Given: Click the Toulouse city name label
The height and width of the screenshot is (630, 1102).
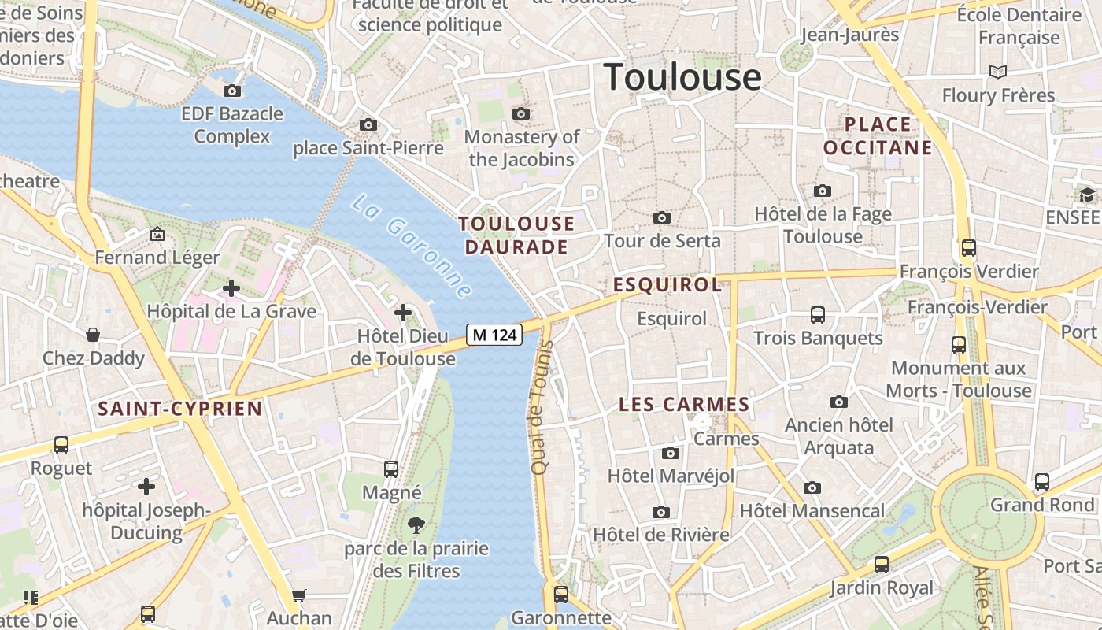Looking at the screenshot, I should pos(682,77).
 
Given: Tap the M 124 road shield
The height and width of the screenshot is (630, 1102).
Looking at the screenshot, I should pos(494,335).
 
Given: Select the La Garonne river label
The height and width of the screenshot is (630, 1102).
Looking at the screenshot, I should pos(412,246).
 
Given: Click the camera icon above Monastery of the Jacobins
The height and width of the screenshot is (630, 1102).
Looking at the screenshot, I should pos(520,114).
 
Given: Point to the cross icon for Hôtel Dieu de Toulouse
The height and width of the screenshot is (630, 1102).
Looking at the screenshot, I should pos(403,313).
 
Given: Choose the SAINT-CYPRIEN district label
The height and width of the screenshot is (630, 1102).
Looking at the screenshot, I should pos(179,409).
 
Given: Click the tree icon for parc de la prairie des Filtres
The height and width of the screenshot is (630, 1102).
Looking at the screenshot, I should pos(416,525).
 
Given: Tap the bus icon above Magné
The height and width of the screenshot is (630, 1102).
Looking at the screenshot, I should pos(391,469).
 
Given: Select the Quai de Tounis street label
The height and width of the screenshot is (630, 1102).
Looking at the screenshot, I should pos(539,407).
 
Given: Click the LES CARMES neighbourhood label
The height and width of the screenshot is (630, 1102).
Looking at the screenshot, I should pos(684,405).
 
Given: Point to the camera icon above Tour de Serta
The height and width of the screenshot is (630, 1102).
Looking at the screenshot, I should pos(662,217).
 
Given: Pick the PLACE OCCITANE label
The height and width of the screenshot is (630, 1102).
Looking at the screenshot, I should pos(878,136).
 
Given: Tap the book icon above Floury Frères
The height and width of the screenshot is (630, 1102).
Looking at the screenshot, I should pos(998,72).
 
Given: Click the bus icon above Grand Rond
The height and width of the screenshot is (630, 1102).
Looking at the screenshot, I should pos(1042,481).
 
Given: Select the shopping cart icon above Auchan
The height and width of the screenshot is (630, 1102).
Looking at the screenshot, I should pos(298,595).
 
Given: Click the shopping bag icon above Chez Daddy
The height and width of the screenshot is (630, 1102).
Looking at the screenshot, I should pos(93,335).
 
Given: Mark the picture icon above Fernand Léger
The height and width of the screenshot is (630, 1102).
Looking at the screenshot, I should pos(157,234).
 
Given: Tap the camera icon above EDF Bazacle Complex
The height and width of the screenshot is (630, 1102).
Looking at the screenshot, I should pos(232,91).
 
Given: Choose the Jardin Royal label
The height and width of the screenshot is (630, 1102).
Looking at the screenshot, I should pos(882,587).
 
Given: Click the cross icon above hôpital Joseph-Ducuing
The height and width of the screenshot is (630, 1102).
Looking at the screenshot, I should pos(146,486).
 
